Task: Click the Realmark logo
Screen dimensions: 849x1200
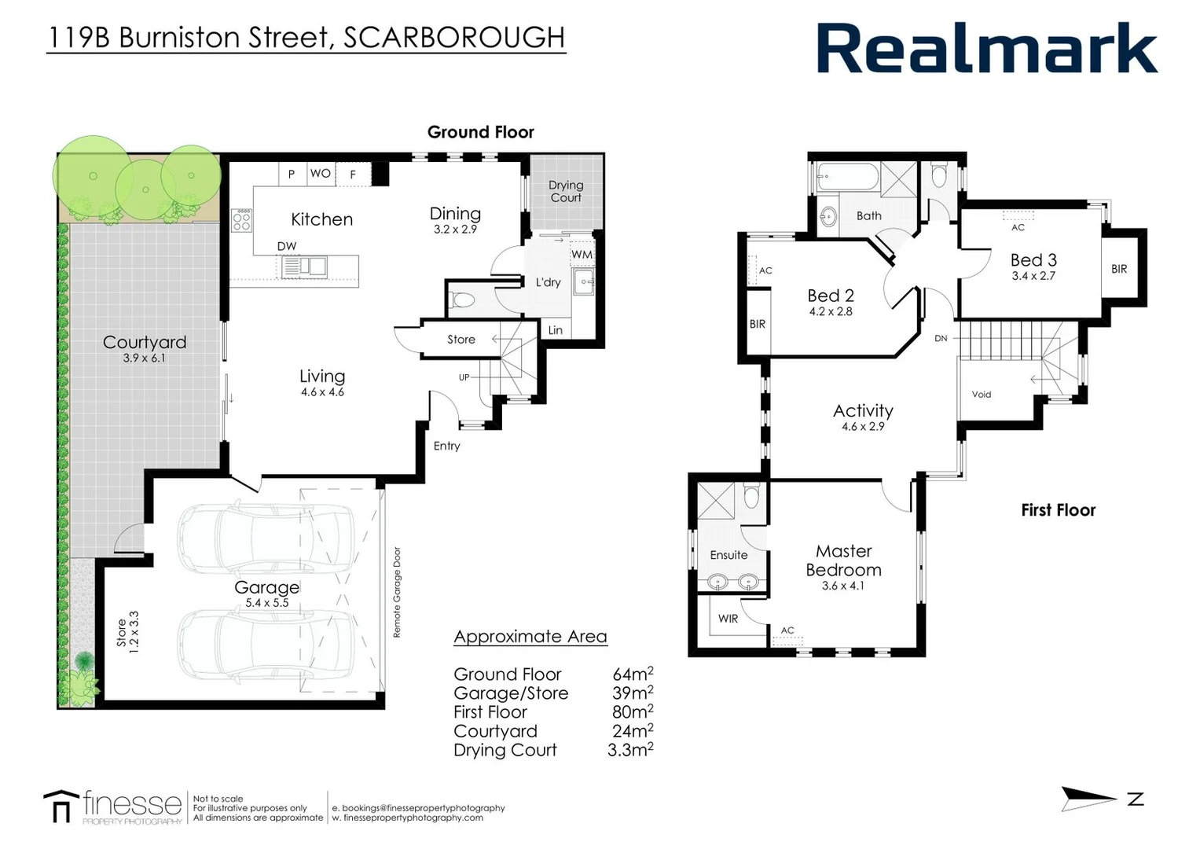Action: pyautogui.click(x=986, y=49)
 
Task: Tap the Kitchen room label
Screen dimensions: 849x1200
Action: pyautogui.click(x=321, y=219)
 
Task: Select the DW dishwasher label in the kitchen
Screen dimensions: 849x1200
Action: pyautogui.click(x=287, y=246)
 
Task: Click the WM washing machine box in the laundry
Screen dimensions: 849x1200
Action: pyautogui.click(x=582, y=255)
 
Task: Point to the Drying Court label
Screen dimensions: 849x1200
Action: pyautogui.click(x=566, y=191)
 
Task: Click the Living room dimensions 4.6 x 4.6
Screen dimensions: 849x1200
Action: pyautogui.click(x=322, y=392)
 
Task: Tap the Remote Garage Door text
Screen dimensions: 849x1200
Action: pyautogui.click(x=397, y=592)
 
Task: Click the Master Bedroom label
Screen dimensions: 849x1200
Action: pyautogui.click(x=843, y=560)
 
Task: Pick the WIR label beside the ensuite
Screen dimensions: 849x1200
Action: pyautogui.click(x=728, y=619)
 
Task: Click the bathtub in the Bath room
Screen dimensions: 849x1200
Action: pyautogui.click(x=847, y=177)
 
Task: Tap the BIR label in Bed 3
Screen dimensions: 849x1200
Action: pyautogui.click(x=1119, y=269)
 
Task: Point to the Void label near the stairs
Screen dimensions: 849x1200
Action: pyautogui.click(x=982, y=395)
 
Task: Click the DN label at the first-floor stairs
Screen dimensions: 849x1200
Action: pyautogui.click(x=941, y=339)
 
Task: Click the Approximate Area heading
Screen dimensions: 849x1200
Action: pyautogui.click(x=530, y=637)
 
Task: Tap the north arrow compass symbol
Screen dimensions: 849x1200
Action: pyautogui.click(x=1088, y=799)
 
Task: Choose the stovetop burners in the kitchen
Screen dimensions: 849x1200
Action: pyautogui.click(x=241, y=219)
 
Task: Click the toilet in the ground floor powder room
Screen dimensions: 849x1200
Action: pyautogui.click(x=463, y=300)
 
